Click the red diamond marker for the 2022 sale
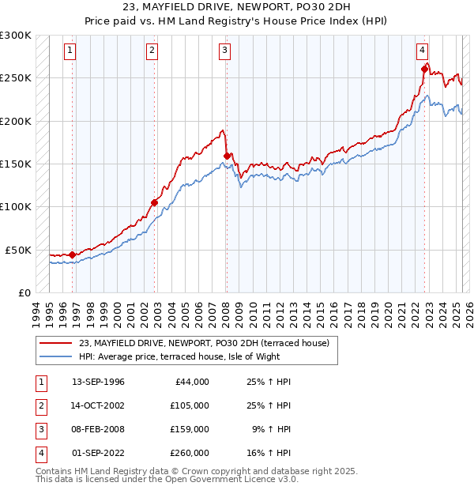point(424,70)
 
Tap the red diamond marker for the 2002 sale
point(155,202)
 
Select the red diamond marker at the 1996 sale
point(72,254)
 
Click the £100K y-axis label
point(16,206)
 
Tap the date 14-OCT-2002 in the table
point(98,405)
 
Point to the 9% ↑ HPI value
point(272,429)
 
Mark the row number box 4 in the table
point(39,453)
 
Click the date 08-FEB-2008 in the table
point(98,429)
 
